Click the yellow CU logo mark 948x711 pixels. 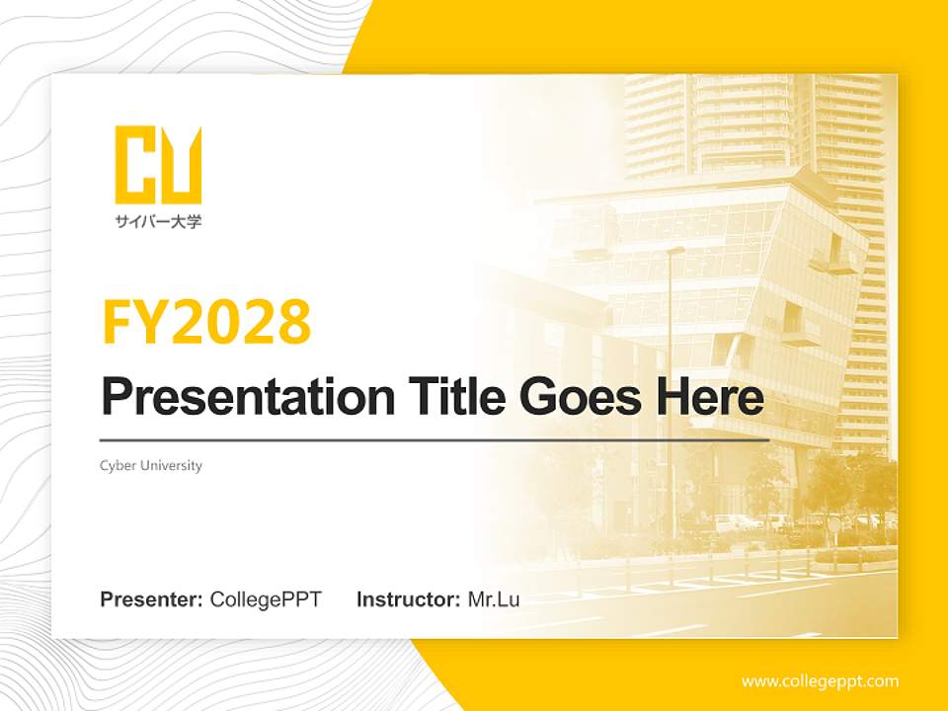tap(158, 164)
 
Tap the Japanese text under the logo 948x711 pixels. tap(158, 222)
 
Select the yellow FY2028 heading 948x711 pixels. tap(206, 322)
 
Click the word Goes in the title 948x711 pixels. tap(574, 397)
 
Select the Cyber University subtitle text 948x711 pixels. tap(151, 465)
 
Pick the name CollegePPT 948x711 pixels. tap(266, 599)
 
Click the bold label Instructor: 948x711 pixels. tap(408, 599)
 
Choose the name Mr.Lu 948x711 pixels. tap(494, 599)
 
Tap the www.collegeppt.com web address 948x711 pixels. tap(820, 681)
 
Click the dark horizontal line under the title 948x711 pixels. tap(434, 439)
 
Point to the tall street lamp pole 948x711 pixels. tap(672, 395)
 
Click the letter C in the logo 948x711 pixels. tap(136, 164)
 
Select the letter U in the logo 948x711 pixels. tap(182, 164)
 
